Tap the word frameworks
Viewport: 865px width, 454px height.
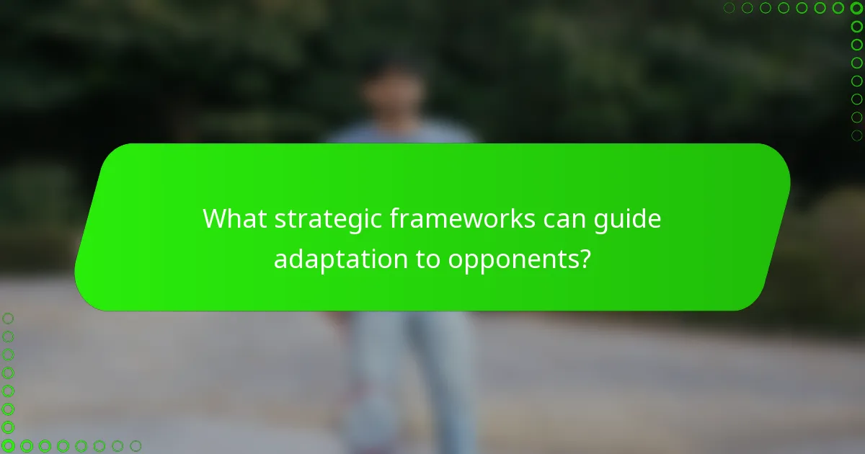click(x=461, y=218)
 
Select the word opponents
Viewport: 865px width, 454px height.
click(x=513, y=259)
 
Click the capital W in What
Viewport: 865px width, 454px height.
click(x=214, y=218)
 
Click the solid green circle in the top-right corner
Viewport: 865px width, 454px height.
click(x=856, y=8)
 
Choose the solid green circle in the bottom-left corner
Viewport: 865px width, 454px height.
click(x=8, y=446)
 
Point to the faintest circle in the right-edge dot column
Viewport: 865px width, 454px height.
click(x=856, y=135)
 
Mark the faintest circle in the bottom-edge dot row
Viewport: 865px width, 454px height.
click(x=135, y=446)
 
